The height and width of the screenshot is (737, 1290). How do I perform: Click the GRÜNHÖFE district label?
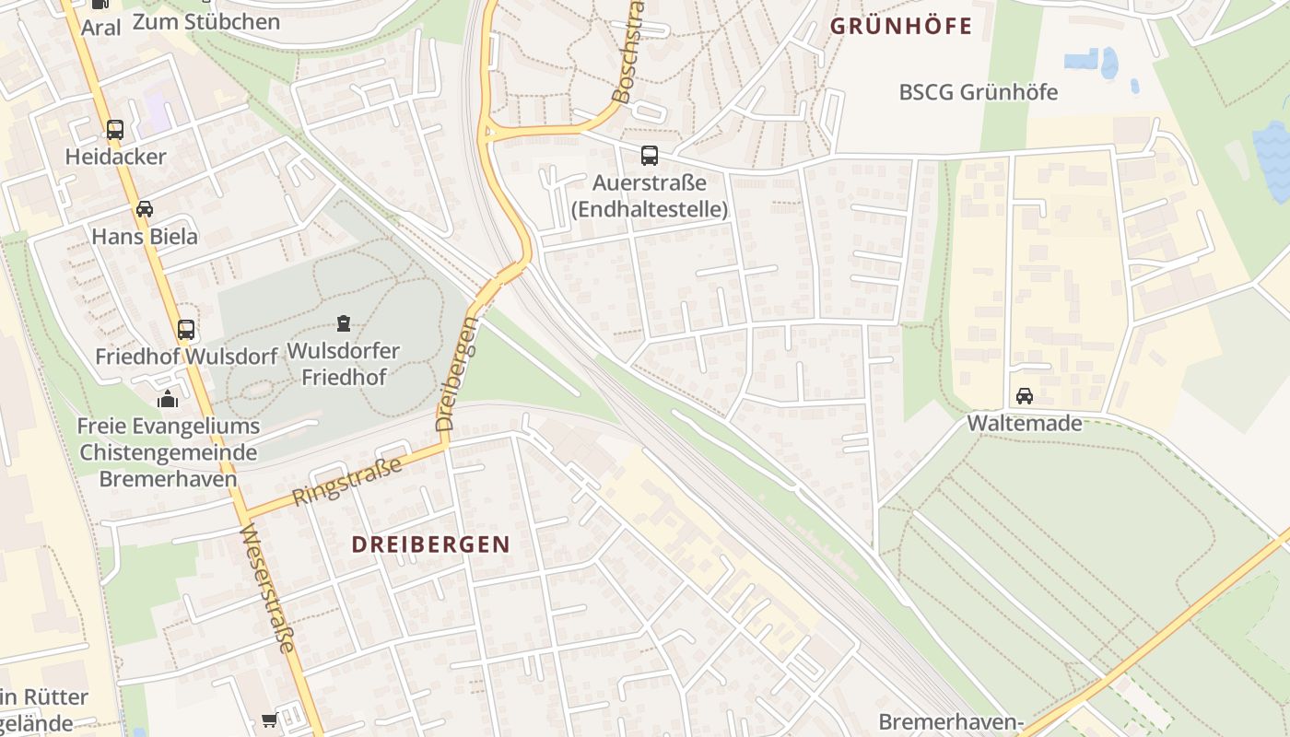click(901, 26)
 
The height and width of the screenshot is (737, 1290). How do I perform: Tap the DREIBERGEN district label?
click(430, 544)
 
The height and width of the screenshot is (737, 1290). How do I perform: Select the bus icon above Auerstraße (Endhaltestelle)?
click(650, 155)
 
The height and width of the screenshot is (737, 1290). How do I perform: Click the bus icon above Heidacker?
click(115, 130)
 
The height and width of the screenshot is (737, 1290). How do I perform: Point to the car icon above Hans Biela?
click(145, 209)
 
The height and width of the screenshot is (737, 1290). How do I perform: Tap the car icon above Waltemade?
click(1024, 396)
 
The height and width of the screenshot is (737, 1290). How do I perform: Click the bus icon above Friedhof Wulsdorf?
click(186, 329)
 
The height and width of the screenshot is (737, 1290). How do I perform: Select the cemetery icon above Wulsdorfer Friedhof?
click(344, 322)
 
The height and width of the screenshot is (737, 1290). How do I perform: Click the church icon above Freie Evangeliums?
click(168, 399)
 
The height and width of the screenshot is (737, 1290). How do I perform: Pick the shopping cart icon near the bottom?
click(269, 719)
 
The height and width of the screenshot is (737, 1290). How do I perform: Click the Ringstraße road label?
click(347, 480)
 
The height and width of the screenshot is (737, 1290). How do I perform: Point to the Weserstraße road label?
click(267, 588)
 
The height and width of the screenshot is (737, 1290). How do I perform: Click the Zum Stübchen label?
click(205, 21)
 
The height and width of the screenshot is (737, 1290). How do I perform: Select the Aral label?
click(100, 28)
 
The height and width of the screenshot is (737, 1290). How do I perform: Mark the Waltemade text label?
click(1024, 424)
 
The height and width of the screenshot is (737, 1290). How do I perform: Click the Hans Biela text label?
click(145, 237)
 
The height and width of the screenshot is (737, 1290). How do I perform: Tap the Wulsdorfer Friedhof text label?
click(344, 364)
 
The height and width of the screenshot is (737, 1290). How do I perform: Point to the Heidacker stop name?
click(115, 157)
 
